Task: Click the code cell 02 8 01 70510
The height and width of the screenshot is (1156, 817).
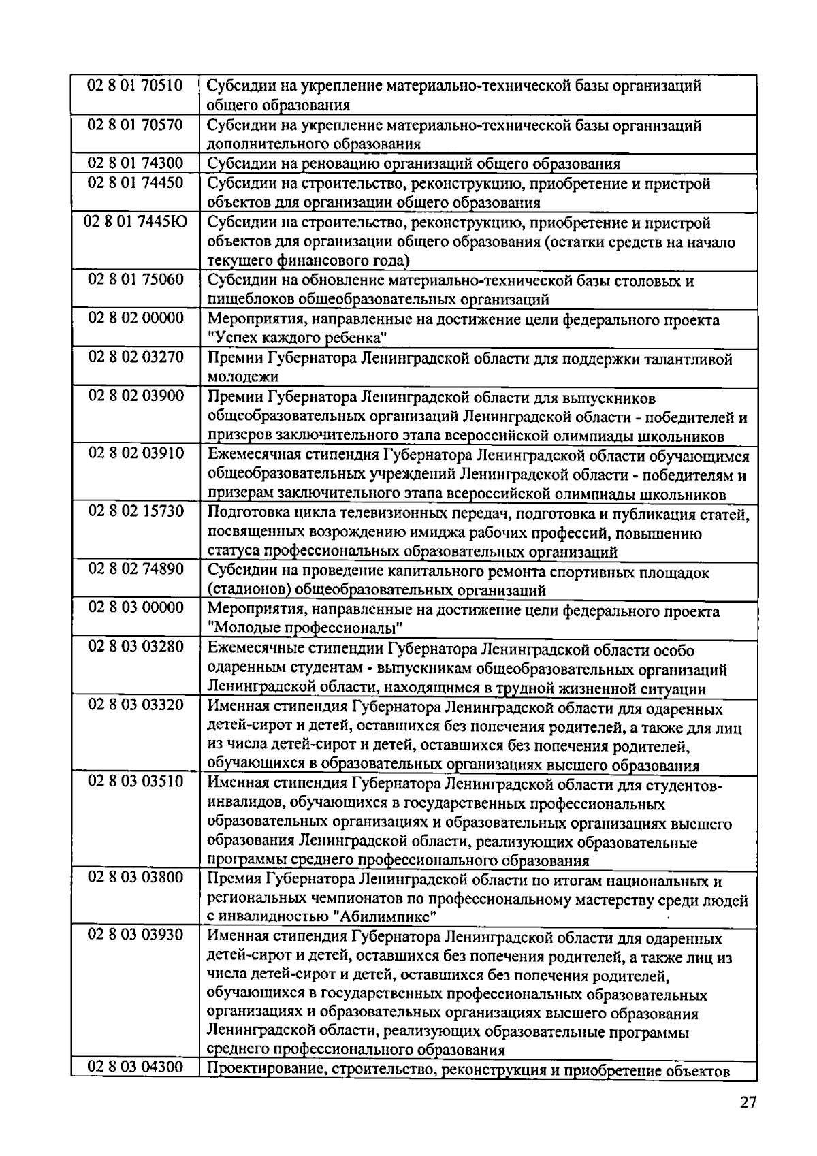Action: [x=135, y=86]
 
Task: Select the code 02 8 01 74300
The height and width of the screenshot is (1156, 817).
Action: [x=135, y=163]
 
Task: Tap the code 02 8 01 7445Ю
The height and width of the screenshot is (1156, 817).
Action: [x=135, y=222]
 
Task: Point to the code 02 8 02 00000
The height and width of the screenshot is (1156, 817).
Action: [x=135, y=319]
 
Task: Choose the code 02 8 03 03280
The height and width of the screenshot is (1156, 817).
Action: [x=135, y=647]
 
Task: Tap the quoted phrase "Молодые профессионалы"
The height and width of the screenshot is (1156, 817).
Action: [x=306, y=628]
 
